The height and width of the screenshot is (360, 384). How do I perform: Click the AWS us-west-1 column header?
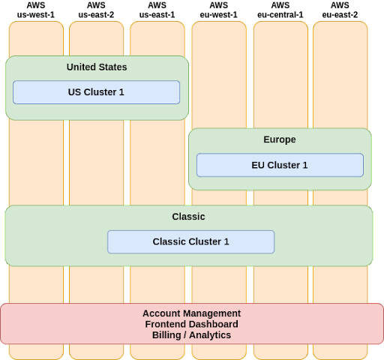tap(36, 10)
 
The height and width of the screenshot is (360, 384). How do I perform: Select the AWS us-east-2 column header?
tap(96, 10)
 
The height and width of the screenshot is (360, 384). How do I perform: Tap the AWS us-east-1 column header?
tap(157, 10)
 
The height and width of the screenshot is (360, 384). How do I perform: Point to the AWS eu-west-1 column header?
tap(218, 10)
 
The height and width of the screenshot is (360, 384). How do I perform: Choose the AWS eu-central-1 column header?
tap(280, 10)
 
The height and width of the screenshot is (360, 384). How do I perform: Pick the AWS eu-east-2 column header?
tap(340, 10)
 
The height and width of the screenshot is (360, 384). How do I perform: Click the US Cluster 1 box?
tap(96, 92)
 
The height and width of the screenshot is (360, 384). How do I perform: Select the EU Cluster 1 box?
tap(280, 165)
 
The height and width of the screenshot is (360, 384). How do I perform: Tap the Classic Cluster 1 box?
tap(191, 241)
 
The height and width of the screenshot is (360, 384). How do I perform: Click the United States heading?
tap(97, 67)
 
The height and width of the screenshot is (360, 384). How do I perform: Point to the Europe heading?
tap(280, 139)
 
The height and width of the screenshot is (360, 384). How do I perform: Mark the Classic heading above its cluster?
tap(188, 217)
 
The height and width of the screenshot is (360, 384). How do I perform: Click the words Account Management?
tap(192, 313)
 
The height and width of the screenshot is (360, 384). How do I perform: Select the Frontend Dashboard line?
tap(192, 324)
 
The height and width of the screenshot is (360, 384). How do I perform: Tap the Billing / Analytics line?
tap(192, 335)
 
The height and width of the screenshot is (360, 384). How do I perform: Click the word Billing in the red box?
tap(166, 335)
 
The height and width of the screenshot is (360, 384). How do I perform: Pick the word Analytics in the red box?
tap(210, 335)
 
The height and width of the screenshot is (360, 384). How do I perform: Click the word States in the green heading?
tap(112, 67)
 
